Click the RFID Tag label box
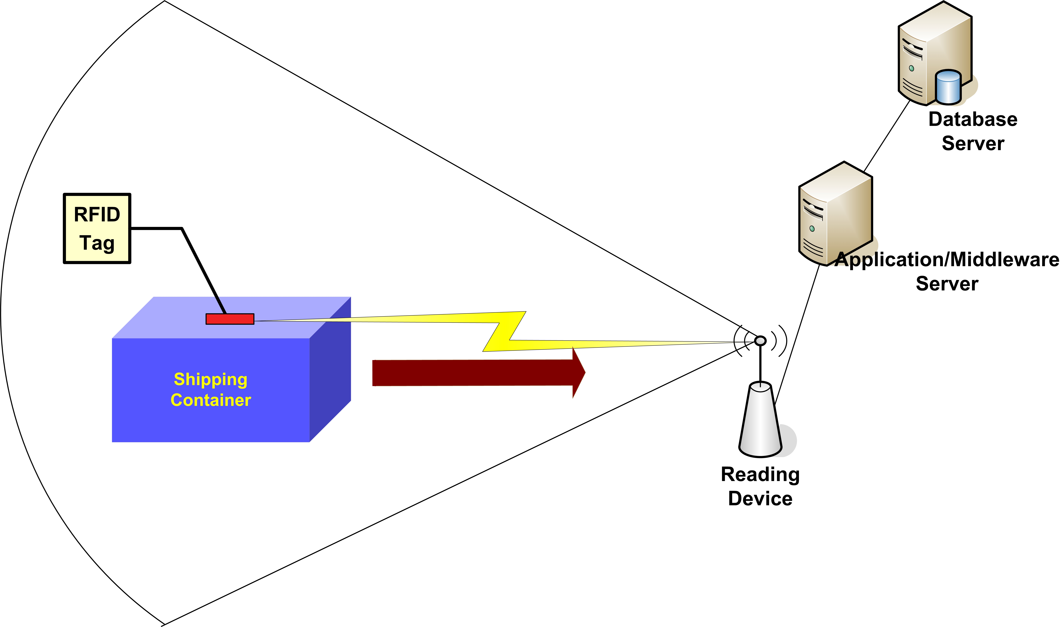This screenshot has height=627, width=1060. [x=97, y=229]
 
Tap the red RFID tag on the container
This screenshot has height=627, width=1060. [x=230, y=319]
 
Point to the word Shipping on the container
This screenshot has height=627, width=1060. [x=210, y=379]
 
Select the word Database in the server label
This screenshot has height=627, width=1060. [x=973, y=120]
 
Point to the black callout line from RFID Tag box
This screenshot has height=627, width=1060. [x=198, y=262]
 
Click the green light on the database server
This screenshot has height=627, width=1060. [x=911, y=68]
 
